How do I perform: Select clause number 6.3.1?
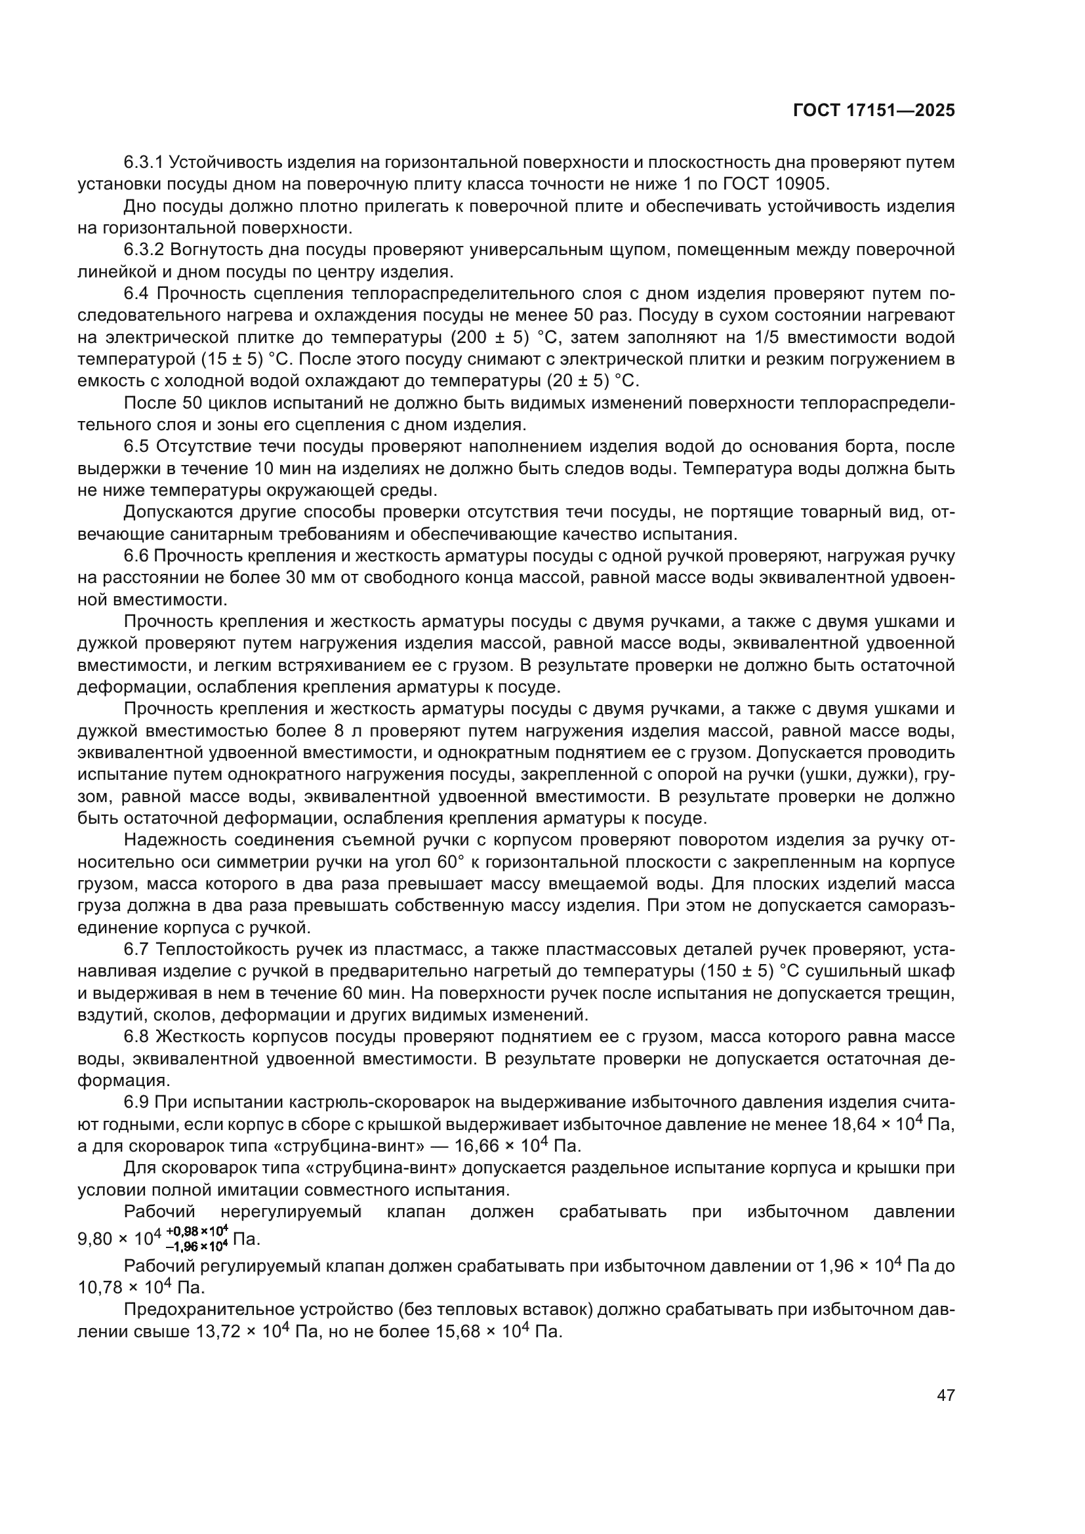[x=144, y=163]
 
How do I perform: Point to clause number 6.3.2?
[x=144, y=250]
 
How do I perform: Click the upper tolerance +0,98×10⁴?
[x=197, y=1228]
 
